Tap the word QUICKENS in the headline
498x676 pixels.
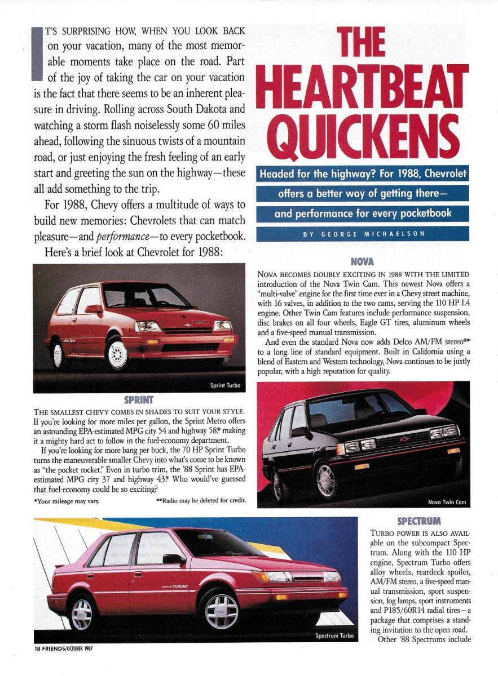pyautogui.click(x=362, y=137)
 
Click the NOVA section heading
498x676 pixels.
pyautogui.click(x=363, y=261)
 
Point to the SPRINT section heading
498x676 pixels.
pyautogui.click(x=139, y=400)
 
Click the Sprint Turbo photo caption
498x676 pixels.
pyautogui.click(x=225, y=386)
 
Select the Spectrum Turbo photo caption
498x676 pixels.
pyautogui.click(x=334, y=635)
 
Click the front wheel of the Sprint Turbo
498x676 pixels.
pyautogui.click(x=118, y=353)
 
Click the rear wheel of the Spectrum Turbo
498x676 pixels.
pyautogui.click(x=82, y=613)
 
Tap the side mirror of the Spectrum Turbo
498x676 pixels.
pyautogui.click(x=173, y=559)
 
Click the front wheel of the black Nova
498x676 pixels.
pyautogui.click(x=327, y=480)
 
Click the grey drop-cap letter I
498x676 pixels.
pyautogui.click(x=38, y=53)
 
